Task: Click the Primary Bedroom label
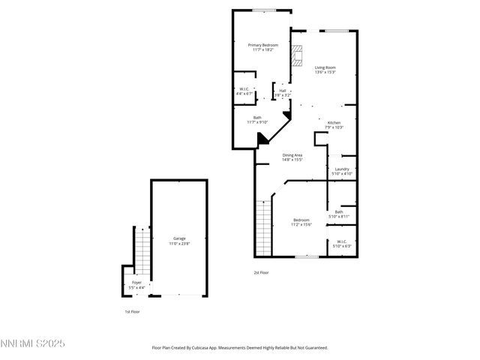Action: tap(263, 48)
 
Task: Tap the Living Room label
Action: tap(325, 70)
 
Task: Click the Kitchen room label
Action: tap(334, 124)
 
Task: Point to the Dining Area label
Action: tap(292, 157)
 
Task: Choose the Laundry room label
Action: tap(342, 172)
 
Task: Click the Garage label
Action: tap(180, 241)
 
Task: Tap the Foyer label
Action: tap(136, 284)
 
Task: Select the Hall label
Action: tap(283, 93)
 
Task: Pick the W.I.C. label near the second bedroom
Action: tap(341, 244)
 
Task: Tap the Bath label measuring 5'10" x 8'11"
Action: tap(339, 214)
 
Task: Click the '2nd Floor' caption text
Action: tap(262, 272)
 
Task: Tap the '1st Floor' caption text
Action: tap(131, 311)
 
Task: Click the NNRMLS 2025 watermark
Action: tap(33, 343)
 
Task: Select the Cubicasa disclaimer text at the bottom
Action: tap(240, 348)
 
